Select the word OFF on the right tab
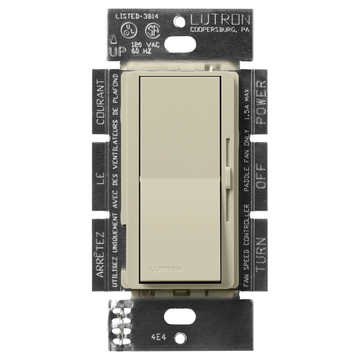coord(261,180)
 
